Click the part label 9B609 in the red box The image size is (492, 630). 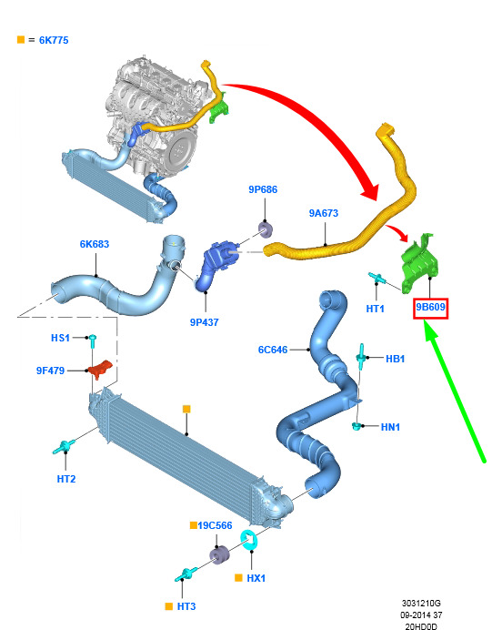click(x=430, y=308)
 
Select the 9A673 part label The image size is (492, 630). click(x=324, y=213)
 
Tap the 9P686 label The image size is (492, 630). click(x=263, y=189)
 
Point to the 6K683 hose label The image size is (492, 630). click(x=95, y=244)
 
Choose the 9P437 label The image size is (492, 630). click(x=205, y=322)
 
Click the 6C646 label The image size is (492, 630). click(x=273, y=350)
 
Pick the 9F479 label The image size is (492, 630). click(x=50, y=371)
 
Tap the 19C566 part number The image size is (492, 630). click(x=215, y=525)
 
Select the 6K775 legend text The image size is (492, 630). click(x=54, y=40)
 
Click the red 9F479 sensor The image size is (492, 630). click(x=100, y=369)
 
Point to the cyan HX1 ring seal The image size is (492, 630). click(x=249, y=540)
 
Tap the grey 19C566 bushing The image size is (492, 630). click(x=219, y=554)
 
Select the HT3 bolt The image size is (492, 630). click(x=186, y=574)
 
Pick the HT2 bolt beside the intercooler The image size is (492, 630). click(x=64, y=447)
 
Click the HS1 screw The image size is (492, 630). click(x=92, y=340)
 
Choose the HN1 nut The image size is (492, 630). click(x=356, y=426)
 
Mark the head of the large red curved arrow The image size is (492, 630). click(x=370, y=191)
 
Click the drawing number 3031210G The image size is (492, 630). click(x=421, y=603)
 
